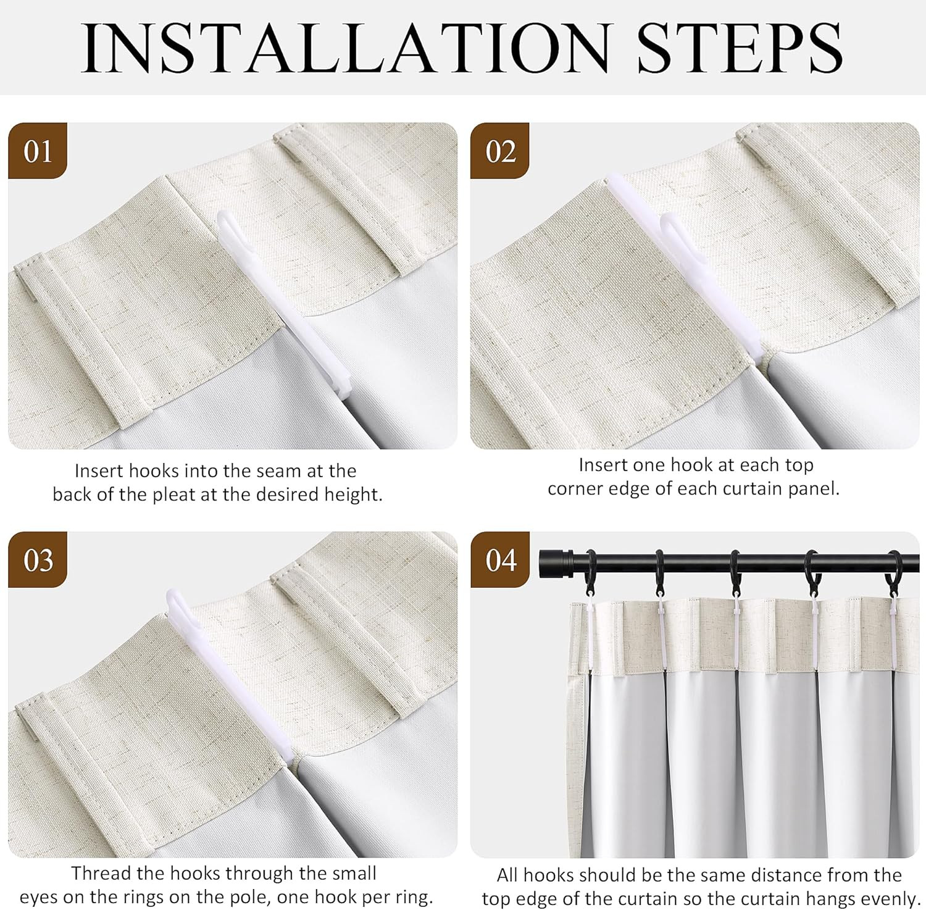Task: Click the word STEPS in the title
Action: coord(740,48)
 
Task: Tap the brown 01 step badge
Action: coord(38,151)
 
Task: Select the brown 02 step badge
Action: coord(500,151)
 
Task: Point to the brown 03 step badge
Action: coord(38,559)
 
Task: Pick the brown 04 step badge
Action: coord(500,559)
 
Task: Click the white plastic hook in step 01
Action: coord(284,306)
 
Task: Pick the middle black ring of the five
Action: coord(735,571)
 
